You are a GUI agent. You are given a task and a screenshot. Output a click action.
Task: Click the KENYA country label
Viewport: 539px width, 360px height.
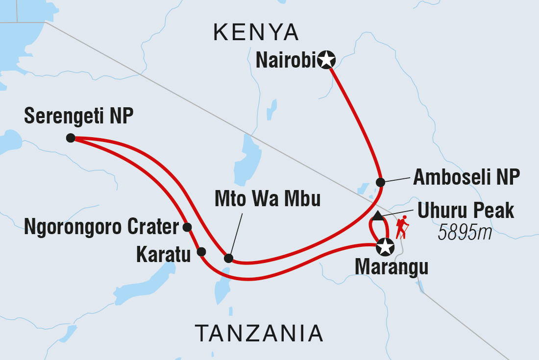pyautogui.click(x=256, y=33)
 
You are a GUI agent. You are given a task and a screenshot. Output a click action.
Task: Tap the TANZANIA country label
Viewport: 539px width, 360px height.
pyautogui.click(x=259, y=334)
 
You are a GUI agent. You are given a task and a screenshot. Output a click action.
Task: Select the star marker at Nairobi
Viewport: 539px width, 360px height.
pyautogui.click(x=326, y=60)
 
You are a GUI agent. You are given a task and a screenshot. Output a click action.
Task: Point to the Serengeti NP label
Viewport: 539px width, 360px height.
pyautogui.click(x=79, y=116)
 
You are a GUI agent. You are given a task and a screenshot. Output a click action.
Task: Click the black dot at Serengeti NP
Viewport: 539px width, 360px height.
pyautogui.click(x=71, y=138)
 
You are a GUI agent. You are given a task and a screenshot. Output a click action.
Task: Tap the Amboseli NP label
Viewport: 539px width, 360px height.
pyautogui.click(x=466, y=178)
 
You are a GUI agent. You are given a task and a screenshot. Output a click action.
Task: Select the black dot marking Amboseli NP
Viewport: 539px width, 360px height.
pyautogui.click(x=380, y=182)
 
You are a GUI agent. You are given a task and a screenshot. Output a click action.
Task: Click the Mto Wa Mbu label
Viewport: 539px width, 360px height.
pyautogui.click(x=268, y=199)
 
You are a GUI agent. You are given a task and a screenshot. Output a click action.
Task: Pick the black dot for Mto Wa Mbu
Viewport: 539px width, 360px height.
pyautogui.click(x=228, y=258)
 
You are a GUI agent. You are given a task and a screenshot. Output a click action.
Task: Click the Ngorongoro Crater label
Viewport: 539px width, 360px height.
pyautogui.click(x=101, y=227)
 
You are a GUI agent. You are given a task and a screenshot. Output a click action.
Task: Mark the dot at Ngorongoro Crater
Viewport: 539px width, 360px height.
pyautogui.click(x=187, y=227)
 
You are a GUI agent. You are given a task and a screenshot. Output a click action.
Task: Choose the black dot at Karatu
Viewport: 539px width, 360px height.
pyautogui.click(x=201, y=252)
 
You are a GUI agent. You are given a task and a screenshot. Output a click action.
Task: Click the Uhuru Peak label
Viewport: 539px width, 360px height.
pyautogui.click(x=465, y=211)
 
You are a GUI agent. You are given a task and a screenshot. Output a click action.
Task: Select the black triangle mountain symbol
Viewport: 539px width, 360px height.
pyautogui.click(x=377, y=216)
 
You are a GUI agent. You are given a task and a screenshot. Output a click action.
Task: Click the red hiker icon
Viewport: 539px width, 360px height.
pyautogui.click(x=402, y=226)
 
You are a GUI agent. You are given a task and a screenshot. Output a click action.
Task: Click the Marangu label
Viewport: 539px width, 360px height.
pyautogui.click(x=392, y=268)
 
